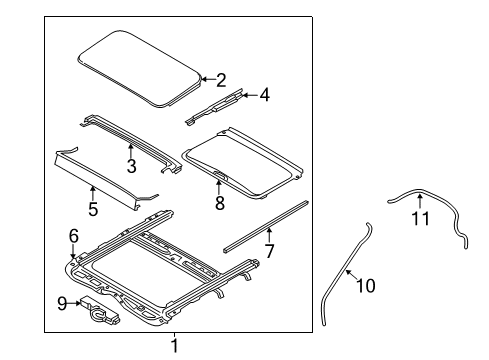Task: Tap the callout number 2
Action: pyautogui.click(x=221, y=78)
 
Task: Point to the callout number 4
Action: pyautogui.click(x=264, y=97)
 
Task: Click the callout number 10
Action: pyautogui.click(x=366, y=287)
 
